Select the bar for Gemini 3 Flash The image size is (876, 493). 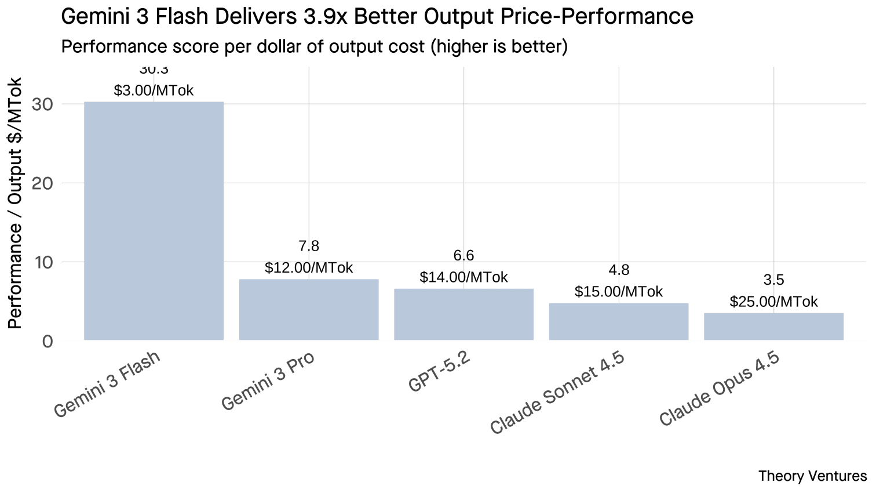pyautogui.click(x=154, y=220)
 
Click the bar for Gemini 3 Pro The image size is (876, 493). pyautogui.click(x=309, y=309)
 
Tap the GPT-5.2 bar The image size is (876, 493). pyautogui.click(x=463, y=314)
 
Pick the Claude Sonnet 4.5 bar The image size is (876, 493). pyautogui.click(x=619, y=321)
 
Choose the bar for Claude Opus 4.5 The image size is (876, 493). pyautogui.click(x=773, y=326)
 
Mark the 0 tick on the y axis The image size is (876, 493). pyautogui.click(x=47, y=341)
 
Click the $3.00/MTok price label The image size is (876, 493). pyautogui.click(x=154, y=90)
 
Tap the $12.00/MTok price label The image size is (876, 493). pyautogui.click(x=309, y=267)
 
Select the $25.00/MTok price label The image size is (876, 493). pyautogui.click(x=773, y=302)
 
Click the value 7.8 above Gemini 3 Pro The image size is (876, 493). pyautogui.click(x=309, y=246)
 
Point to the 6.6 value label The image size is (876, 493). pyautogui.click(x=463, y=256)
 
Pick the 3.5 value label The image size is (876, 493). pyautogui.click(x=773, y=280)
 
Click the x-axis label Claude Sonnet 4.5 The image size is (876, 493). pyautogui.click(x=557, y=393)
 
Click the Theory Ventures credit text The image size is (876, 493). pyautogui.click(x=812, y=476)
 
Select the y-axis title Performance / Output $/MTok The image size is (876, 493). pyautogui.click(x=15, y=203)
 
